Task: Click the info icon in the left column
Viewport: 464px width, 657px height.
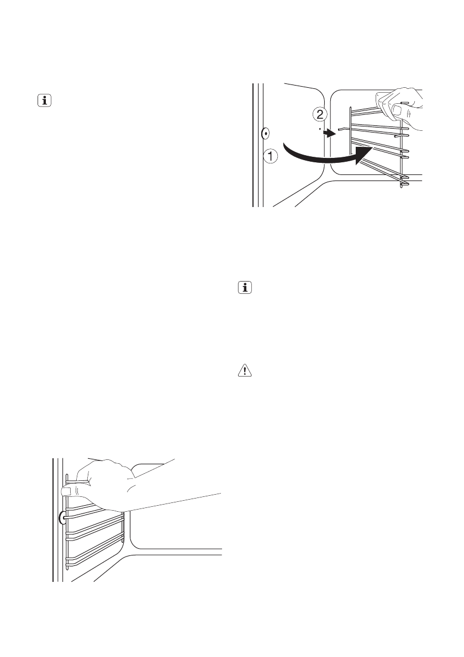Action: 43,101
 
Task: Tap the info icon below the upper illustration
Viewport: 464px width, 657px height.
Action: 243,288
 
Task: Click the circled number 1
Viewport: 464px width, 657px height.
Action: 270,157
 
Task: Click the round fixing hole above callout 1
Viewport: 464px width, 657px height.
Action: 265,133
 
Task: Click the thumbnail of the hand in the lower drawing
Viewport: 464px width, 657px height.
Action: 70,489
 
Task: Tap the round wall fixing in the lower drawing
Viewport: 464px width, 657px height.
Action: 61,517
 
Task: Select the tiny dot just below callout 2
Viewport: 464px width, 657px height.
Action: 320,128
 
